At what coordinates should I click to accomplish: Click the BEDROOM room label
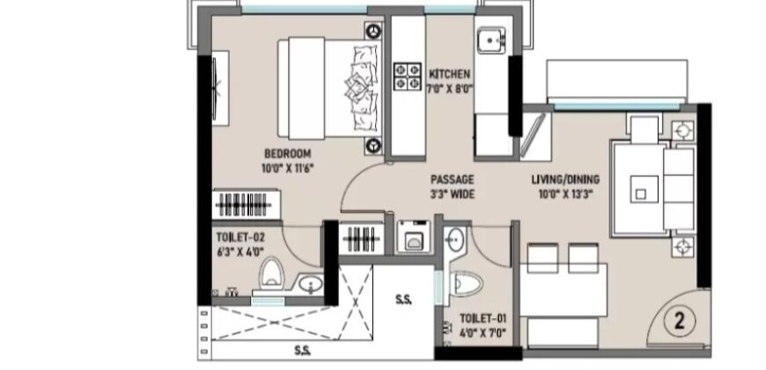(287, 153)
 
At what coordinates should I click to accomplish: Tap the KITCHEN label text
(449, 74)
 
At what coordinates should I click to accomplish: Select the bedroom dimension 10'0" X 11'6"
(287, 168)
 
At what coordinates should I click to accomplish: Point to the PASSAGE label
(452, 180)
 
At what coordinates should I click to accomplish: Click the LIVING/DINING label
(565, 180)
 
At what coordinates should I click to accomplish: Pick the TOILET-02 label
(240, 238)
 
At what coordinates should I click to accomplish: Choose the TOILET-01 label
(483, 319)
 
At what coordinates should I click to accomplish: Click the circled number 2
(679, 322)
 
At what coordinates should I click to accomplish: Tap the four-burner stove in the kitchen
(408, 77)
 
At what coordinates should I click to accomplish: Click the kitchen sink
(491, 40)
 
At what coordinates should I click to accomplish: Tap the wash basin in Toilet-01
(455, 240)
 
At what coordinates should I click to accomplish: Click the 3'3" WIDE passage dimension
(452, 195)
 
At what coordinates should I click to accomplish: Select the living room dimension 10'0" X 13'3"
(565, 195)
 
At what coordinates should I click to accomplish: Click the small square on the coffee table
(640, 195)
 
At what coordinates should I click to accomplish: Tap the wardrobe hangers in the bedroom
(243, 204)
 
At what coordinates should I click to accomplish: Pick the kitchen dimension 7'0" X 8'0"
(449, 90)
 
